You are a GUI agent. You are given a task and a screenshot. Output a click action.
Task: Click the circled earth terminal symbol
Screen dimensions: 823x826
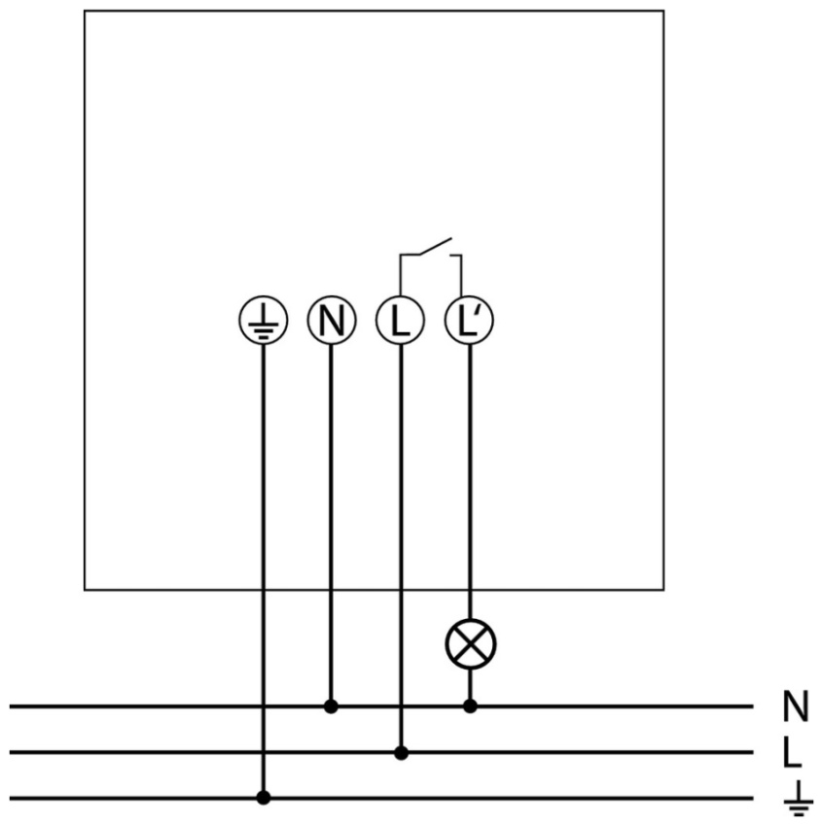[x=263, y=321]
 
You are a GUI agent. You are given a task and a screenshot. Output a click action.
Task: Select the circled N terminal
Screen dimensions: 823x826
[x=332, y=321]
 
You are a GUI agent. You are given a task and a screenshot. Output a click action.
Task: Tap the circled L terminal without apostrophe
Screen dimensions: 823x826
[x=400, y=321]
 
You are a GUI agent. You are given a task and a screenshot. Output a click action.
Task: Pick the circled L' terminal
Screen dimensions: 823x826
[x=469, y=321]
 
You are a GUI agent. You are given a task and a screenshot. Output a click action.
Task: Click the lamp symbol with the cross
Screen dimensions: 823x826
[x=471, y=644]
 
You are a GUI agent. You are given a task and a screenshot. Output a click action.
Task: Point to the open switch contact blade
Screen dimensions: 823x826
[x=436, y=246]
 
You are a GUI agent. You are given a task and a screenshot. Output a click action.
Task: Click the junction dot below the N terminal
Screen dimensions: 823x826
[x=331, y=706]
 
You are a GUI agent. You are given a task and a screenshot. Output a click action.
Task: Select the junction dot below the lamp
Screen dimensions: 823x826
[x=470, y=706]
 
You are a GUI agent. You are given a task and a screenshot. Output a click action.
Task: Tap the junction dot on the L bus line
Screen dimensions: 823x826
[x=401, y=753]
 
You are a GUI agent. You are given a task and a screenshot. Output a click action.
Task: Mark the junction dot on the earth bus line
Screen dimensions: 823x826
[x=264, y=798]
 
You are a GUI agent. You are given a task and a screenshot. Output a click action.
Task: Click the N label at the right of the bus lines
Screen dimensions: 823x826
[x=796, y=706]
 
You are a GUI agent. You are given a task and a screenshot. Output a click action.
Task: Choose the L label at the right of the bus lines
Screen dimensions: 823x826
[x=793, y=752]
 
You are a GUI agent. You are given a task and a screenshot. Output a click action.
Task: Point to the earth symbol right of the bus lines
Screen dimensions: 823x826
[x=799, y=799]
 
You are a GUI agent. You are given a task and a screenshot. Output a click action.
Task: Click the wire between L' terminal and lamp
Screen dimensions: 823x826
[x=470, y=482]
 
